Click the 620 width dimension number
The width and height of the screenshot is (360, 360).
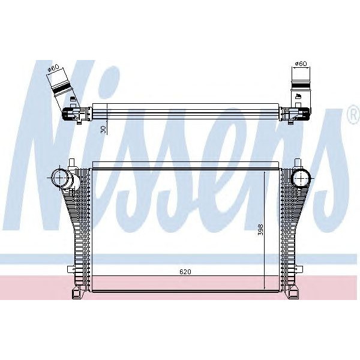click(x=185, y=272)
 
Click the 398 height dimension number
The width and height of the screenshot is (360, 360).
click(x=260, y=230)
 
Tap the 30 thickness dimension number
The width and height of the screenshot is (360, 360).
click(x=103, y=129)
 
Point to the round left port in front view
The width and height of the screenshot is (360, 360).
click(x=61, y=178)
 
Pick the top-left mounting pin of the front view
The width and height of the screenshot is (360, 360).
click(x=72, y=163)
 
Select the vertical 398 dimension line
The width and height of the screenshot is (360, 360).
click(x=266, y=228)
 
